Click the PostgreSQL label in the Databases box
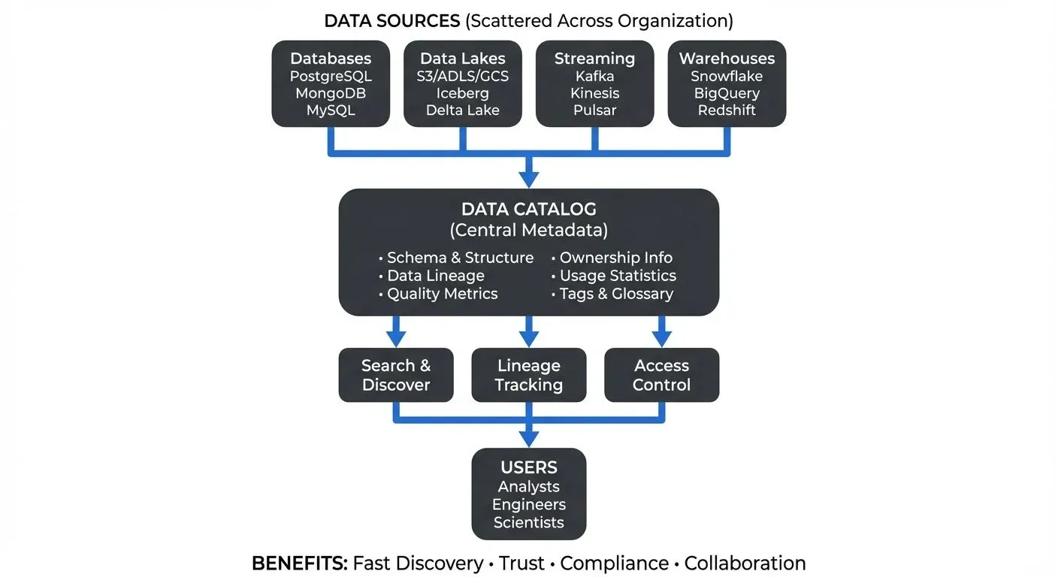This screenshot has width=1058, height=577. pos(331,76)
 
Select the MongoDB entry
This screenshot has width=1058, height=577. pos(331,93)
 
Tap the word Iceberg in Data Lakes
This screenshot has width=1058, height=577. pos(463,93)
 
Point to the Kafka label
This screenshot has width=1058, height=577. pos(594,76)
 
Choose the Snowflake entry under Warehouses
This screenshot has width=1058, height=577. pos(727,76)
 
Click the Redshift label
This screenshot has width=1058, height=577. pos(727,110)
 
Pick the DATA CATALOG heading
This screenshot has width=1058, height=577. pos(528,209)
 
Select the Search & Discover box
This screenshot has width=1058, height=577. pos(396,375)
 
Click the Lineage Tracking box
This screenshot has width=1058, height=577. pos(529,375)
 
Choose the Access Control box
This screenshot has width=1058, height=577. pos(661,375)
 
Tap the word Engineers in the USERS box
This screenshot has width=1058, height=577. pos(529,504)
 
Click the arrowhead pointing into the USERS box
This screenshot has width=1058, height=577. pos(529,438)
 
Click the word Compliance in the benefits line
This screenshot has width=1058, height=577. pos(614,563)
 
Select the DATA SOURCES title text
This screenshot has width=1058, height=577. pos(391,20)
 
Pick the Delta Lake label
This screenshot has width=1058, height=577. pos(463,110)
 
